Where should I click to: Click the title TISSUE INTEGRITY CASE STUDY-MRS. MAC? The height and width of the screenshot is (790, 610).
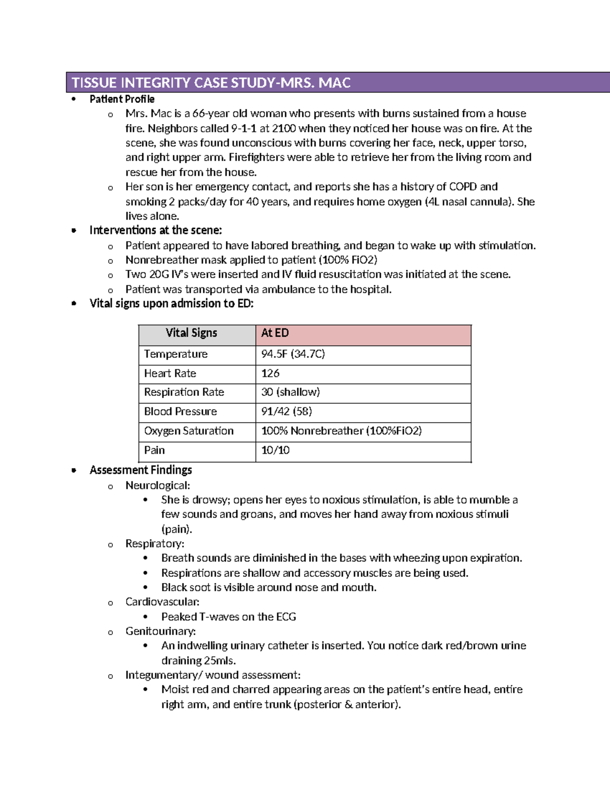pos(211,83)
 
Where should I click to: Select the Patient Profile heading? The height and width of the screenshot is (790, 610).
pos(122,99)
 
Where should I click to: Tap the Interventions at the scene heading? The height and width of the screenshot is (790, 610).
pos(156,230)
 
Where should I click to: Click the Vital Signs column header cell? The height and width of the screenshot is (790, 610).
pos(191,333)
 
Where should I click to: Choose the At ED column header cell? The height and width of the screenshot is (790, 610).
pos(275,333)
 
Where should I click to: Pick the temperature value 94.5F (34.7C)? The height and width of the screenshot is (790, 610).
pos(293,354)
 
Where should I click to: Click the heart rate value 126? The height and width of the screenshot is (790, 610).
pos(270,373)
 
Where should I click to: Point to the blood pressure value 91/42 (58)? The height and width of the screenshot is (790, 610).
pos(287,412)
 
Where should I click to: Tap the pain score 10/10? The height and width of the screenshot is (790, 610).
pos(276,450)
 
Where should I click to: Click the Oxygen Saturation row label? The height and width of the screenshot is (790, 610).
pos(189,431)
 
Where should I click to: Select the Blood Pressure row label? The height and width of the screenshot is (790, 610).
pos(180,412)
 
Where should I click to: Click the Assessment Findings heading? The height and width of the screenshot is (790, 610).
pos(141,470)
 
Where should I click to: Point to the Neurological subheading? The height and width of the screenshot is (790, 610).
pos(158,486)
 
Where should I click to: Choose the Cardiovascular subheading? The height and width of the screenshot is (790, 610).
pos(162,602)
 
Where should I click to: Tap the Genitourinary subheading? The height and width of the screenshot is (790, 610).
pos(161,631)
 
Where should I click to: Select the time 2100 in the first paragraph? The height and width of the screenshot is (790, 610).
pos(284,128)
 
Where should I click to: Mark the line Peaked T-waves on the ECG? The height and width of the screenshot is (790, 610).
pos(229,617)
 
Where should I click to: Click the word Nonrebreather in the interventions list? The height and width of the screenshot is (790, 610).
pos(162,260)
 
